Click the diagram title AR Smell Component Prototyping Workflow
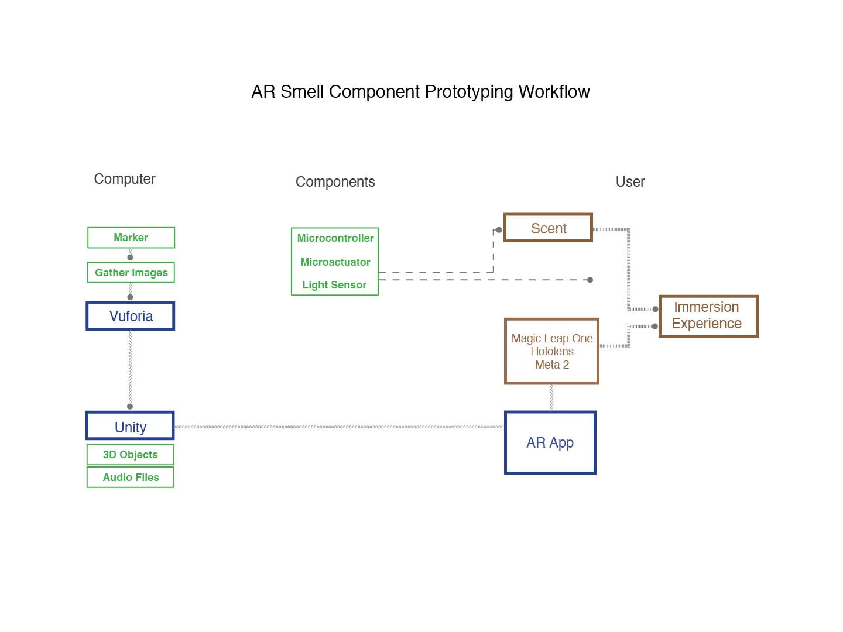point(420,92)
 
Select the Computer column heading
point(125,179)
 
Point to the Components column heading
point(335,182)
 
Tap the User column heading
point(630,182)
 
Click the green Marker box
point(131,238)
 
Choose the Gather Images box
point(131,273)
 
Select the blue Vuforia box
point(131,317)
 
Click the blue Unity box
point(130,427)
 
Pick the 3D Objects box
point(131,455)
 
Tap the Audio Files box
point(131,478)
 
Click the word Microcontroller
point(335,238)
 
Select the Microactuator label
point(335,262)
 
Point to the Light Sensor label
point(334,285)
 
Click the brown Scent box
point(549,228)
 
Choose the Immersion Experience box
point(708,316)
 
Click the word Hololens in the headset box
point(551,351)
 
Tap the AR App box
point(550,443)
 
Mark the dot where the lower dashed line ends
point(590,280)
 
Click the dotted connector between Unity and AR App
point(340,427)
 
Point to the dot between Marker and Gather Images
point(130,257)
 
